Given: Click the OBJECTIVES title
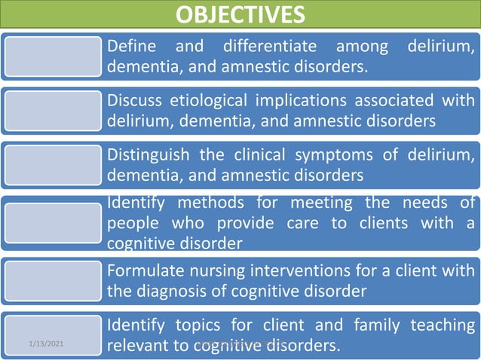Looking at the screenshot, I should point(240,14).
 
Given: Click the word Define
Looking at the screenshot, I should point(132,47).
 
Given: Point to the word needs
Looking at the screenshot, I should point(426,203).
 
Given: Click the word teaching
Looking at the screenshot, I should point(443,325).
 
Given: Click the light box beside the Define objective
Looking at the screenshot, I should point(52,56).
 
